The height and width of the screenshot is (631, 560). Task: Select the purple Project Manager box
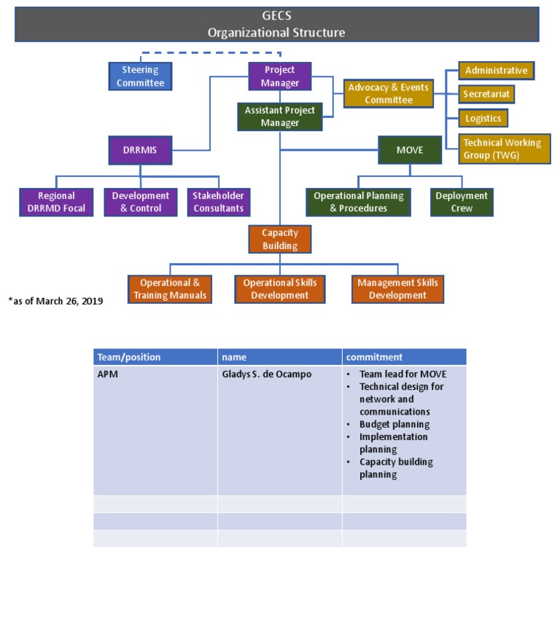pyautogui.click(x=280, y=77)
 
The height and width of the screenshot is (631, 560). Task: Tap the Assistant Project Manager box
pyautogui.click(x=280, y=117)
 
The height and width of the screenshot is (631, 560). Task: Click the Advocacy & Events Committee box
pyautogui.click(x=388, y=93)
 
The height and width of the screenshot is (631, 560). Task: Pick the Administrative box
pyautogui.click(x=496, y=71)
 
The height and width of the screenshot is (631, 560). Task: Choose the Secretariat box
pyautogui.click(x=486, y=94)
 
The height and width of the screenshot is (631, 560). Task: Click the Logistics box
pyautogui.click(x=483, y=118)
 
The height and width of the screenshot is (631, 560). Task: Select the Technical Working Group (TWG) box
pyautogui.click(x=504, y=149)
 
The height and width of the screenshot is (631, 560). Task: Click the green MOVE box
pyautogui.click(x=409, y=150)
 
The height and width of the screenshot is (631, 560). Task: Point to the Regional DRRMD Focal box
pyautogui.click(x=57, y=202)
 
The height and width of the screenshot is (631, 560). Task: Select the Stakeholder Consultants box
pyautogui.click(x=218, y=202)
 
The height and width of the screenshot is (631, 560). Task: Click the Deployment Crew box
pyautogui.click(x=462, y=202)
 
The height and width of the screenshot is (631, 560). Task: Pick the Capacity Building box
pyautogui.click(x=280, y=239)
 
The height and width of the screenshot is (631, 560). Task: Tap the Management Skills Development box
pyautogui.click(x=397, y=289)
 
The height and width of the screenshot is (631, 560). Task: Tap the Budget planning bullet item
pyautogui.click(x=394, y=424)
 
